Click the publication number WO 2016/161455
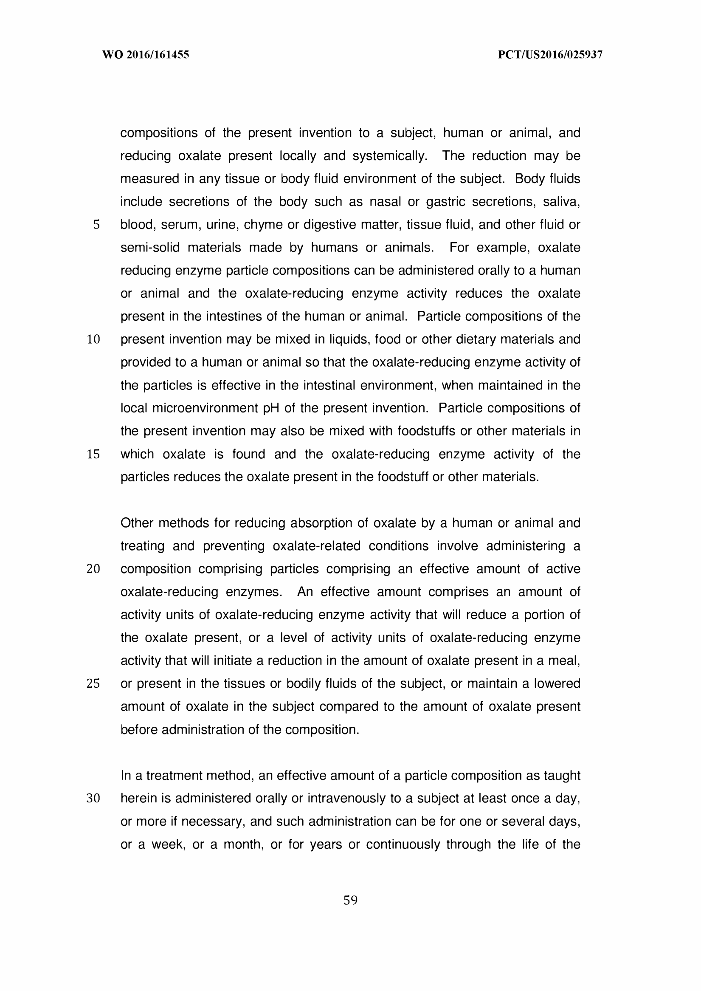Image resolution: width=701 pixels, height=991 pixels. tap(146, 55)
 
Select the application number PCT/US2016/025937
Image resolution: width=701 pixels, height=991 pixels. tap(550, 55)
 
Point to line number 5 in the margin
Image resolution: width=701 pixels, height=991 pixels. tap(96, 225)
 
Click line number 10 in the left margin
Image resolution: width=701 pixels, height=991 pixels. tap(93, 339)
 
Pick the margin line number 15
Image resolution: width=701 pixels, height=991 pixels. tap(93, 454)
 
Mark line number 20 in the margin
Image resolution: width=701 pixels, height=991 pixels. tap(93, 569)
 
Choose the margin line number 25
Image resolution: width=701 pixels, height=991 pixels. tap(93, 683)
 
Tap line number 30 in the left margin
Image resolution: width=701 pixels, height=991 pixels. tap(93, 799)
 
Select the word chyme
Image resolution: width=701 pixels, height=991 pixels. tap(261, 225)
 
